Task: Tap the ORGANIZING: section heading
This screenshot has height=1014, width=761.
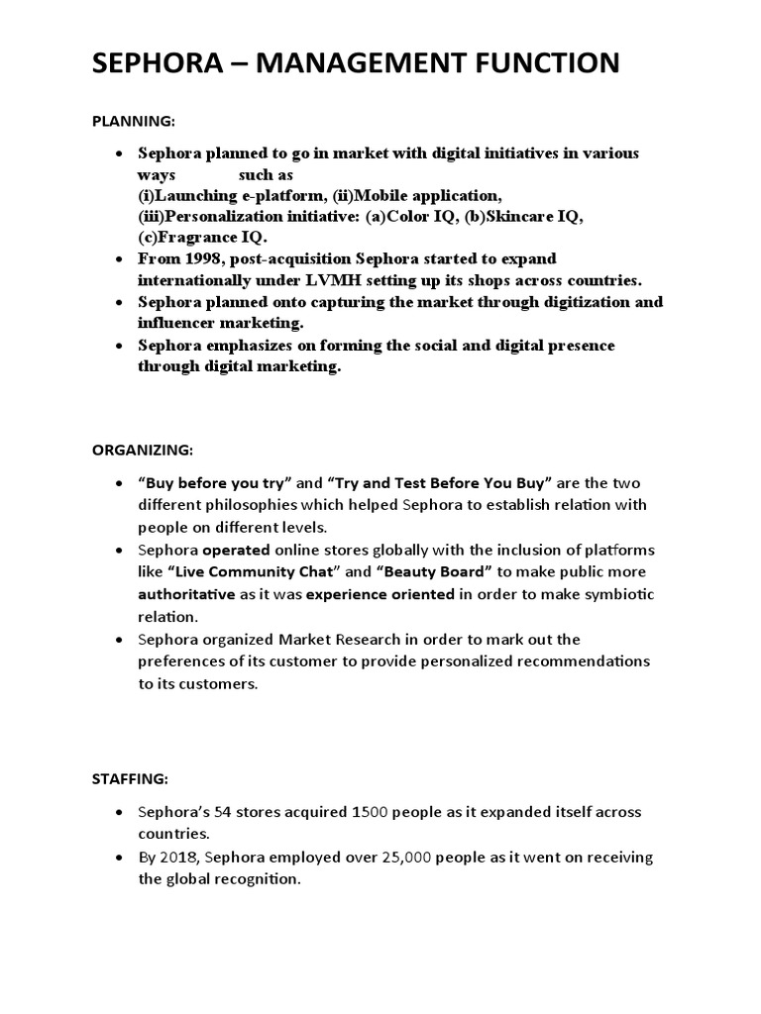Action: coord(143,449)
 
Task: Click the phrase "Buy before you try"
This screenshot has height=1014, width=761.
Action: coord(215,483)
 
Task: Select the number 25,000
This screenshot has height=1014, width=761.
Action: coord(399,858)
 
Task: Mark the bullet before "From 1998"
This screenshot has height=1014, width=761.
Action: coord(119,259)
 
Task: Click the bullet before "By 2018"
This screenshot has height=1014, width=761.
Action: coord(119,858)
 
